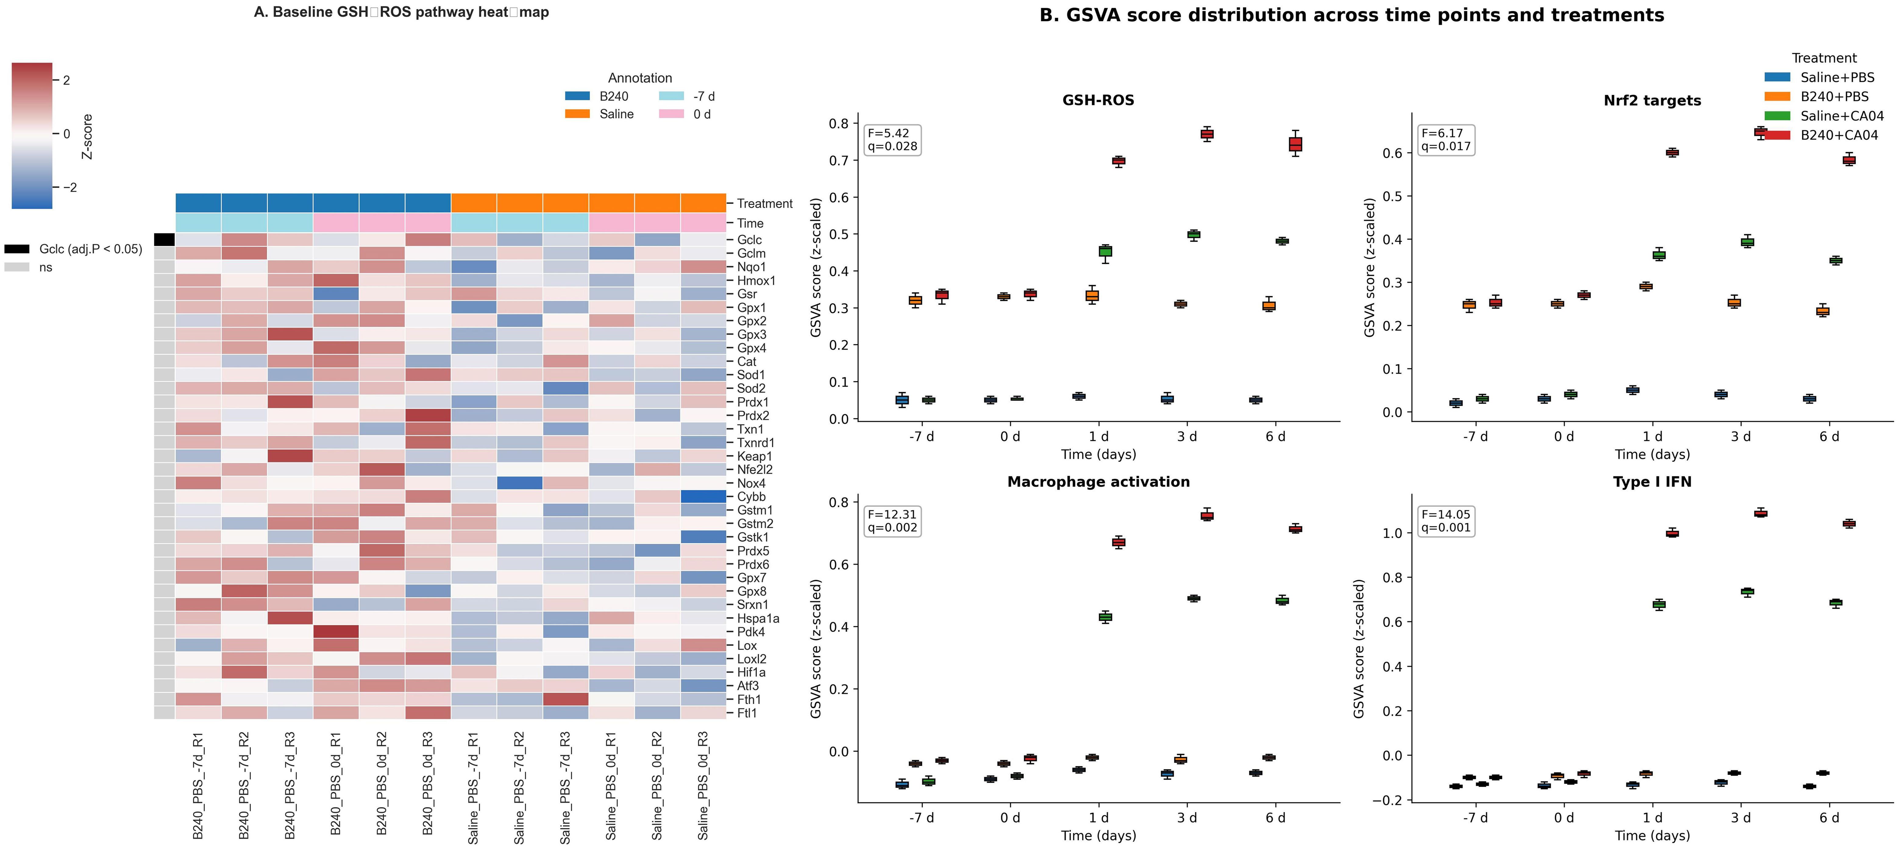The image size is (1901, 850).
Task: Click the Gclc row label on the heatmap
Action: click(x=749, y=240)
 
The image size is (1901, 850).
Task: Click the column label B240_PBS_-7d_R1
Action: click(x=198, y=786)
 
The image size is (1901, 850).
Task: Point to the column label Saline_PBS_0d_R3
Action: click(x=703, y=786)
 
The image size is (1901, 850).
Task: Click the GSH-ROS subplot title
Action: click(x=1098, y=100)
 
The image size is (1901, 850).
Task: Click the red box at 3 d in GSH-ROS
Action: click(x=1207, y=133)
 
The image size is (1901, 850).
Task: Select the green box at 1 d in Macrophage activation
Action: click(x=1105, y=617)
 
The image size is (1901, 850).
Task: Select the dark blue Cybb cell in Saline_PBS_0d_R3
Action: click(x=703, y=497)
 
